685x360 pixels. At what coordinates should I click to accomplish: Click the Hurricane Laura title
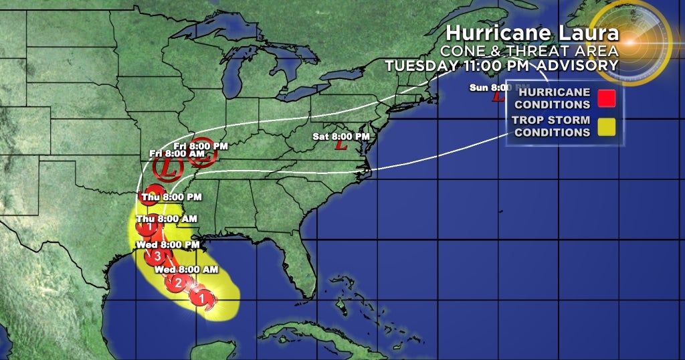(x=532, y=33)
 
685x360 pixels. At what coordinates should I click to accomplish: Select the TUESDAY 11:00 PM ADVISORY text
(x=501, y=66)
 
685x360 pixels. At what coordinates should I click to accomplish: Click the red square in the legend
(x=607, y=98)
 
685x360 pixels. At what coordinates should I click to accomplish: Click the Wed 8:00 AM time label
(x=187, y=269)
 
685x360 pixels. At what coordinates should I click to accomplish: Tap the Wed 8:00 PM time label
(x=168, y=244)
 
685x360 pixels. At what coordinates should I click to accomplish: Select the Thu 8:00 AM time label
(x=167, y=219)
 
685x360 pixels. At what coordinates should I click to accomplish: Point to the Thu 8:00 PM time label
(x=171, y=197)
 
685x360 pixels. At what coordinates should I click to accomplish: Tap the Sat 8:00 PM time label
(x=341, y=137)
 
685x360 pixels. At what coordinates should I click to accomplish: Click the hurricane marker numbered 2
(x=178, y=282)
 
